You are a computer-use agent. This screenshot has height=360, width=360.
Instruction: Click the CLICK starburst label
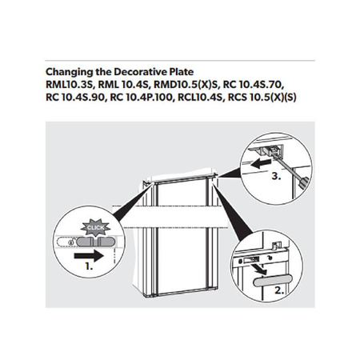pos(95,227)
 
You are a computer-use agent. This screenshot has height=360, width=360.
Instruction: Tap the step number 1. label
pos(89,266)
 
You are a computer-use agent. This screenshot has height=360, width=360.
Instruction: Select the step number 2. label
pos(279,290)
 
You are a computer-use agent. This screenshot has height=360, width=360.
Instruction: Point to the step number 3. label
pos(276,176)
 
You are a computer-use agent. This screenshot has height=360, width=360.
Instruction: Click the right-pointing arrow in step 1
pos(89,256)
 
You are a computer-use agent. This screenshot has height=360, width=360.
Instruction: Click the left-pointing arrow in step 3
pos(261,163)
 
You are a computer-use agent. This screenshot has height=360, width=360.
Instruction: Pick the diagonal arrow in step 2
pos(261,270)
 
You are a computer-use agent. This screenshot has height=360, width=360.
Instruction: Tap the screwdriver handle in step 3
pos(304,182)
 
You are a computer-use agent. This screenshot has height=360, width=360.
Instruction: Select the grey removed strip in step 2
pos(273,281)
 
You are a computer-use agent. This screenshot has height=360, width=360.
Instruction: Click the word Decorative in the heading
pos(141,72)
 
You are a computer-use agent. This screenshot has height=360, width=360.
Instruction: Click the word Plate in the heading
pos(182,72)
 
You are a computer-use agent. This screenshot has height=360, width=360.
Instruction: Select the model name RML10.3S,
pos(70,85)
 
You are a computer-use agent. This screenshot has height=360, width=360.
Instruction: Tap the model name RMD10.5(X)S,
pos(187,85)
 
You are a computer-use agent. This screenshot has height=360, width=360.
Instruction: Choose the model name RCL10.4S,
pos(202,98)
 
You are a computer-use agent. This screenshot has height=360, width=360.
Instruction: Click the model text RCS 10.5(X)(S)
pos(262,98)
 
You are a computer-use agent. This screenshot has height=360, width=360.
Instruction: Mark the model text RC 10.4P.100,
pos(142,98)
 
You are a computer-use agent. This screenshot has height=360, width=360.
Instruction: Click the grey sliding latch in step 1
pos(96,242)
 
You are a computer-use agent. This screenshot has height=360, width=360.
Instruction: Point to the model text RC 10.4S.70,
pos(254,85)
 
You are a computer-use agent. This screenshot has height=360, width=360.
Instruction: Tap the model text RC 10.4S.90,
pos(77,98)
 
